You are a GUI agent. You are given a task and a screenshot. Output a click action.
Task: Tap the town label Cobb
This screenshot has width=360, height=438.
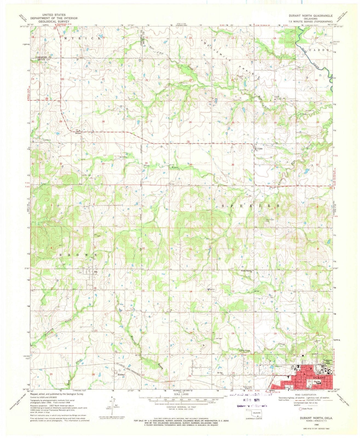click(260, 149)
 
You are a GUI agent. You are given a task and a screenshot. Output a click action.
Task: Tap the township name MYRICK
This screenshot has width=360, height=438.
click(82, 39)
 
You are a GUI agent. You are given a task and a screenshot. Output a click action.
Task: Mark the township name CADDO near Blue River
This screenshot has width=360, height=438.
click(319, 50)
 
